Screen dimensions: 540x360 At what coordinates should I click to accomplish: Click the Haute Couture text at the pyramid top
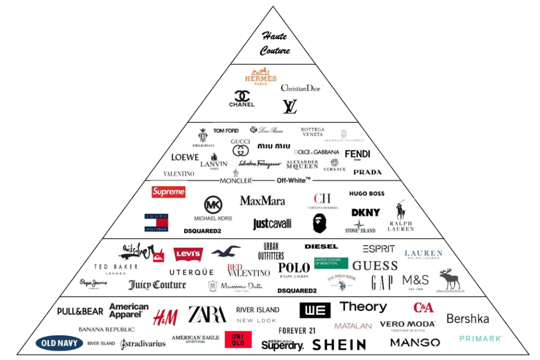(x=275, y=43)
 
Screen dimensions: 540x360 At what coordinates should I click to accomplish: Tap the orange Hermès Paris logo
(x=260, y=77)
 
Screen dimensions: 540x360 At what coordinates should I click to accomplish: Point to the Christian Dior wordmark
(x=301, y=88)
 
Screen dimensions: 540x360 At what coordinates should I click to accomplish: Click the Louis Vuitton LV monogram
(x=290, y=107)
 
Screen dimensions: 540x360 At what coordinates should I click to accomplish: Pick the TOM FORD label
(x=226, y=131)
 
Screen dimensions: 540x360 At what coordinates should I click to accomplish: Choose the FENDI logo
(x=357, y=154)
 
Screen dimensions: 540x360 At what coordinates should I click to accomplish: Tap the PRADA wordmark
(x=367, y=172)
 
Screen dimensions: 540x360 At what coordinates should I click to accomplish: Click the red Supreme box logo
(x=168, y=192)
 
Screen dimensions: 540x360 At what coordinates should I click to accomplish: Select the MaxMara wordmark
(x=262, y=201)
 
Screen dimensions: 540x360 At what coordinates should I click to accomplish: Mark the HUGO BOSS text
(x=367, y=194)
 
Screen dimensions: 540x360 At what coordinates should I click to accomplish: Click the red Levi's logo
(x=188, y=255)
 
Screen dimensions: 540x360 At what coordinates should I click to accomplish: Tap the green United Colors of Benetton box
(x=331, y=263)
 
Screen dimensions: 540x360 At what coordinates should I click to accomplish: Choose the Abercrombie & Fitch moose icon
(x=449, y=278)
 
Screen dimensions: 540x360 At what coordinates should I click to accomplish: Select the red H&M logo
(x=165, y=317)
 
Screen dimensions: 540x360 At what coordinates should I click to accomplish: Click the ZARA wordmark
(x=207, y=314)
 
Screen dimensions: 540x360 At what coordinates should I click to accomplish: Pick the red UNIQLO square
(x=238, y=339)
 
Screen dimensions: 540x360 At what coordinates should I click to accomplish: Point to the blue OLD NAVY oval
(x=60, y=343)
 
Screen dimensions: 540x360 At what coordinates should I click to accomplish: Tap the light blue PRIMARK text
(x=480, y=338)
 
